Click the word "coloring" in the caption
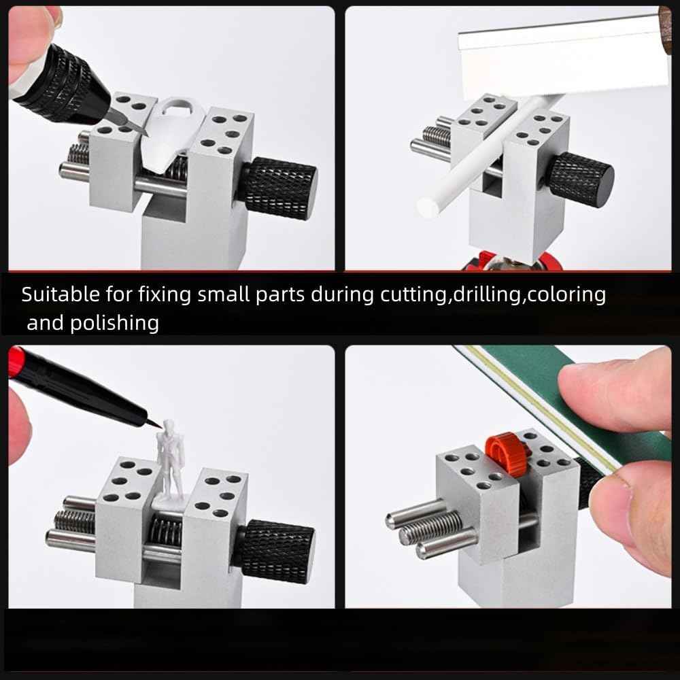click(x=566, y=294)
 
